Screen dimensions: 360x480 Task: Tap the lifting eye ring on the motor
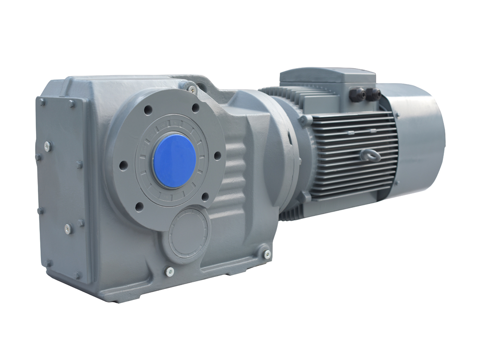pos(371,154)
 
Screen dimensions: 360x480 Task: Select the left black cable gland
pos(359,94)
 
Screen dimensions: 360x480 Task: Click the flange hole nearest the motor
pos(217,156)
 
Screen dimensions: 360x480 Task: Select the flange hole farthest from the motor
pos(123,165)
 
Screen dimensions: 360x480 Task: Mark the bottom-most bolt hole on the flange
pos(140,207)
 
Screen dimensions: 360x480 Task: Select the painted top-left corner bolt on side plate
pos(42,102)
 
